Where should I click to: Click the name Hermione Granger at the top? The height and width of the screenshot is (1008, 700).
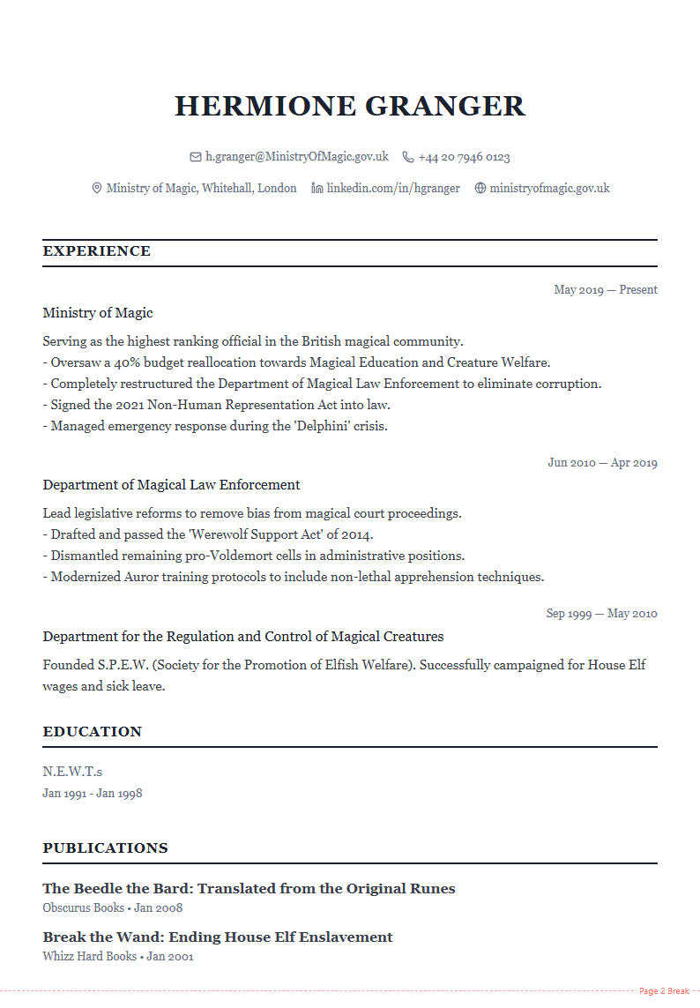[350, 106]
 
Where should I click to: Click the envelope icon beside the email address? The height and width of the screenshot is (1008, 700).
[196, 157]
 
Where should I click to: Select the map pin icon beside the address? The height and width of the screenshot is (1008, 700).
[97, 188]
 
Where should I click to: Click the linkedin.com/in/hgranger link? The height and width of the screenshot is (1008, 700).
[392, 188]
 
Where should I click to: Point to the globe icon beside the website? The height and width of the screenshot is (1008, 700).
[480, 188]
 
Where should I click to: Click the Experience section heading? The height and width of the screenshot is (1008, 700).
[97, 251]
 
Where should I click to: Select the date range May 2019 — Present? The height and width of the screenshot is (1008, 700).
[605, 289]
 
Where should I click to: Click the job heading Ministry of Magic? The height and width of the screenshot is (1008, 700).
[98, 313]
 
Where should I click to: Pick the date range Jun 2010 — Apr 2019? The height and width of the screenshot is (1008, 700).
[602, 462]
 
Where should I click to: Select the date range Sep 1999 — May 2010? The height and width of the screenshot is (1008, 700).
[601, 613]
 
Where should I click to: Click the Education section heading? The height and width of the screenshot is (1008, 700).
[93, 732]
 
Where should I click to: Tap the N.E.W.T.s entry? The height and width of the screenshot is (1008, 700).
[72, 772]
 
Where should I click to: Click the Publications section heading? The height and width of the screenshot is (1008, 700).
[105, 848]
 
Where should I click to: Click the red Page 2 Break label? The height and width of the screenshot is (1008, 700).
[664, 991]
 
